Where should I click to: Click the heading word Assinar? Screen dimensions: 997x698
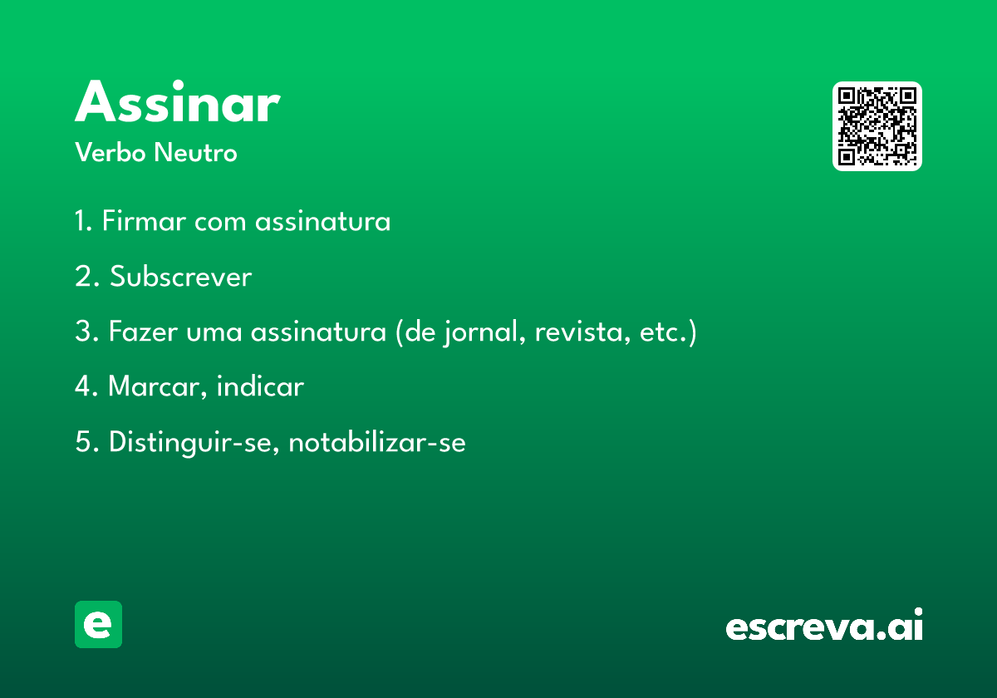point(178,101)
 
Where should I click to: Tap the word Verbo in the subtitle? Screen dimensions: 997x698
point(111,152)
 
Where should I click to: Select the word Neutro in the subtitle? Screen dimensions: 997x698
point(195,152)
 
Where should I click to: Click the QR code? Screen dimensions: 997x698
point(877,126)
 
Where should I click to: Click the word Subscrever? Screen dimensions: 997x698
point(181,276)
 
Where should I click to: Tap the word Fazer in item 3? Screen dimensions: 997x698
point(143,332)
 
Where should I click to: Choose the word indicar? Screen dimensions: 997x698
point(260,386)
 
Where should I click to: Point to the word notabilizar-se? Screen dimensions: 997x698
point(377,442)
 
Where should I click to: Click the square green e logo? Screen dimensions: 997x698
point(98,624)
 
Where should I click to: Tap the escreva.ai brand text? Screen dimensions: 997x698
point(824,624)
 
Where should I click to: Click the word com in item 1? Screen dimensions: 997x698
point(220,222)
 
